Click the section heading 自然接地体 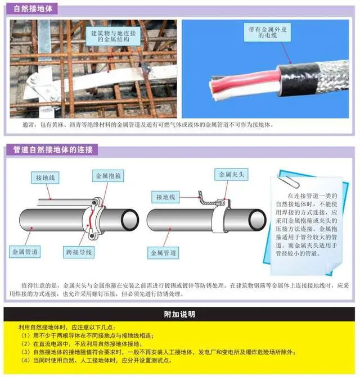click(33, 9)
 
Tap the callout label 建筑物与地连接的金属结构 click(113, 37)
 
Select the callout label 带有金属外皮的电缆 click(267, 33)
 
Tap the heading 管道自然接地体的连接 click(53, 149)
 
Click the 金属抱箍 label click(109, 176)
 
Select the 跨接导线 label click(79, 252)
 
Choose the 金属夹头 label click(231, 174)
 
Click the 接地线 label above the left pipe click(45, 178)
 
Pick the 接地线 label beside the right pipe click(165, 197)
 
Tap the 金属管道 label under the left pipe click(25, 252)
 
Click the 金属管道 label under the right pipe click(163, 253)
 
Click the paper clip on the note click(289, 179)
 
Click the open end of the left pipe click(130, 220)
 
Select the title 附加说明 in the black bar click(179, 314)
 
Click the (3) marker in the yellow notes click(25, 352)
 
